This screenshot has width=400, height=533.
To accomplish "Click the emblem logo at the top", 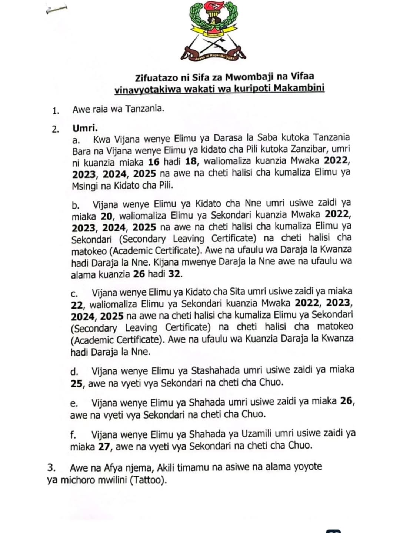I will [x=213, y=31].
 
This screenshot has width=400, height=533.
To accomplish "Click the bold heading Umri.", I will [x=85, y=129].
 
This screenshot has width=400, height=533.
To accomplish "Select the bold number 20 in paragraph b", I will [x=106, y=215].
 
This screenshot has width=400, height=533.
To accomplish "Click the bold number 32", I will [x=175, y=274].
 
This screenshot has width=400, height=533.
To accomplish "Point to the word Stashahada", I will [x=215, y=370].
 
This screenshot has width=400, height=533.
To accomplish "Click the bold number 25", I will [x=76, y=383].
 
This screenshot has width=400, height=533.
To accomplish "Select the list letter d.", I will [x=74, y=371].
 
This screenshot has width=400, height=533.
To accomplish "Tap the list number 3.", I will [x=51, y=467].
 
